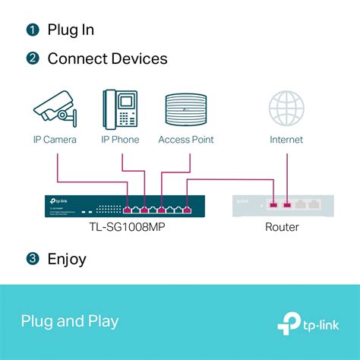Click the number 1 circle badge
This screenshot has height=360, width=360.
point(32,30)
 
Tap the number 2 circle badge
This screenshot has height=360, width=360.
point(32,58)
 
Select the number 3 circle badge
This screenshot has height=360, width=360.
point(32,259)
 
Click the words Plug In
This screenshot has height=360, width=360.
point(71,30)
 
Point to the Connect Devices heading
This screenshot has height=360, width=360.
point(107,58)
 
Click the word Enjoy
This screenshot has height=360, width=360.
point(67,259)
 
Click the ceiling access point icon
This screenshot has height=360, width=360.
point(185,108)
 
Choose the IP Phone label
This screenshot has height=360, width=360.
point(120,140)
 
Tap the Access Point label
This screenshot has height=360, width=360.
point(185,140)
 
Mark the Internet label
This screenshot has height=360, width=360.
point(286,140)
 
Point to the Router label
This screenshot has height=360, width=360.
point(282,226)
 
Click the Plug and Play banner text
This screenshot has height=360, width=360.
point(70,321)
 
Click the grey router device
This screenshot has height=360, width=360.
point(283,205)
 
